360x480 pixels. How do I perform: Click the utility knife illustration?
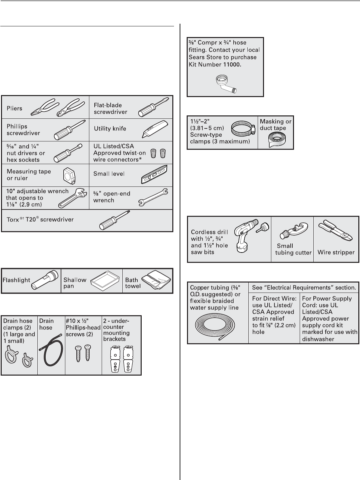pyautogui.click(x=153, y=130)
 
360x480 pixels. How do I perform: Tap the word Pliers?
pyautogui.click(x=15, y=108)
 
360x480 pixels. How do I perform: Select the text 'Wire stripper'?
pyautogui.click(x=336, y=252)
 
